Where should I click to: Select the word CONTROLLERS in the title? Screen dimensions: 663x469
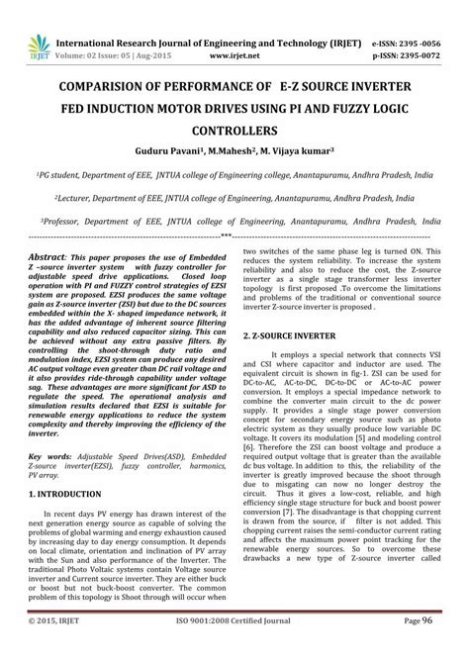click(x=234, y=130)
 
